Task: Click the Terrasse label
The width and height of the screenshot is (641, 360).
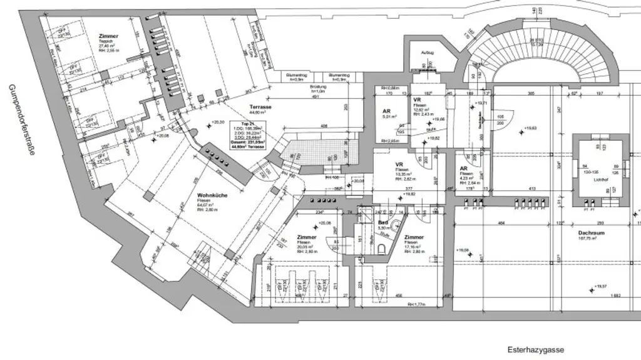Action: click(x=259, y=107)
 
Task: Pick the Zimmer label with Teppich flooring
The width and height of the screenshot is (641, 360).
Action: click(x=108, y=36)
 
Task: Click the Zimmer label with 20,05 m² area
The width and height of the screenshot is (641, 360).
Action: click(x=307, y=237)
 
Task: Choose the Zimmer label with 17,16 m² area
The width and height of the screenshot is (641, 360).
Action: click(x=414, y=237)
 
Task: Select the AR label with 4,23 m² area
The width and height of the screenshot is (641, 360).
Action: click(x=464, y=168)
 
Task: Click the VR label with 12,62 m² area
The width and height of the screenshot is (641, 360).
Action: click(x=417, y=100)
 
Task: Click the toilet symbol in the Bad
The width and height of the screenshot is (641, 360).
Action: click(x=382, y=250)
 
